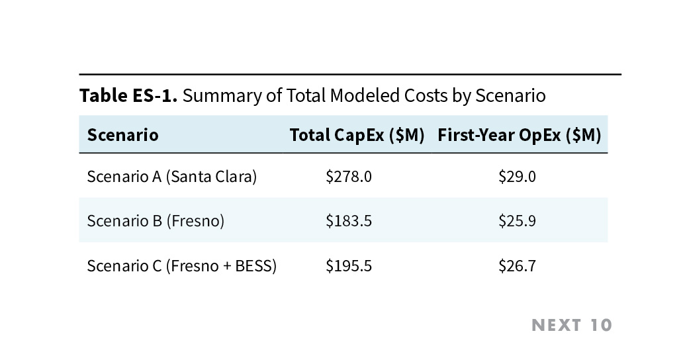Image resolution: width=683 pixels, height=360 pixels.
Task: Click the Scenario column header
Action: pyautogui.click(x=122, y=135)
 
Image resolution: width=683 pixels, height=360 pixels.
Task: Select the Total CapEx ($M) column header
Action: pyautogui.click(x=357, y=135)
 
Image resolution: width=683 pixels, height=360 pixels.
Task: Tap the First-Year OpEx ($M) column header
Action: pyautogui.click(x=519, y=135)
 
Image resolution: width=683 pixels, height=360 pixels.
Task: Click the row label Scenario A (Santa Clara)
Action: pyautogui.click(x=171, y=177)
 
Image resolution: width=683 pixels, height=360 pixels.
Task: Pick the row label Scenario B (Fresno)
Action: pyautogui.click(x=156, y=220)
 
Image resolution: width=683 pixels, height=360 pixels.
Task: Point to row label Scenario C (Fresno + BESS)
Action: pyautogui.click(x=181, y=266)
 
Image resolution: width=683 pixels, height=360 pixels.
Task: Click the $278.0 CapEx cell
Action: pyautogui.click(x=349, y=177)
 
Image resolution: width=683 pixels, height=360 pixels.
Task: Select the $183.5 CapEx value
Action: pyautogui.click(x=349, y=220)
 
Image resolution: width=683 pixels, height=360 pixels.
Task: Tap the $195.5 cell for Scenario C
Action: pyautogui.click(x=349, y=266)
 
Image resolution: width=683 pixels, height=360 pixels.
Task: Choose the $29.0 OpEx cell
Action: pyautogui.click(x=517, y=177)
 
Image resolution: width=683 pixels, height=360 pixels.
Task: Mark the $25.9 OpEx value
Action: pyautogui.click(x=517, y=220)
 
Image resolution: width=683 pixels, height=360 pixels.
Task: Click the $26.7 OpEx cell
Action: pyautogui.click(x=517, y=266)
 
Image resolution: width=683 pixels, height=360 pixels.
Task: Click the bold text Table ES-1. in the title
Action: pyautogui.click(x=128, y=95)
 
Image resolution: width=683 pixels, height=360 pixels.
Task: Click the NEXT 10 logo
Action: pyautogui.click(x=572, y=325)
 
